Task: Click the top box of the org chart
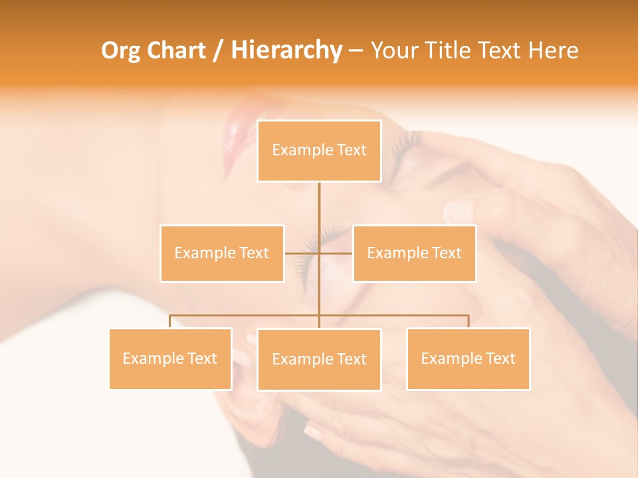[x=319, y=151]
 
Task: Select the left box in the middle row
[x=222, y=253]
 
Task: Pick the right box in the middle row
[x=414, y=253]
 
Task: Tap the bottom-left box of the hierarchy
[x=170, y=358]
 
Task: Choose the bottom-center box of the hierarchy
[x=319, y=359]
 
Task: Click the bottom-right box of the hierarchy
[x=468, y=358]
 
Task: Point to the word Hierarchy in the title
[x=286, y=50]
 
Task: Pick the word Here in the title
[x=553, y=50]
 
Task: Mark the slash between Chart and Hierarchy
[x=218, y=51]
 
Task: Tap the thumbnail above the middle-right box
[x=459, y=212]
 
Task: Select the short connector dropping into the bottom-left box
[x=170, y=321]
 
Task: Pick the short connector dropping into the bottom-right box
[x=468, y=321]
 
